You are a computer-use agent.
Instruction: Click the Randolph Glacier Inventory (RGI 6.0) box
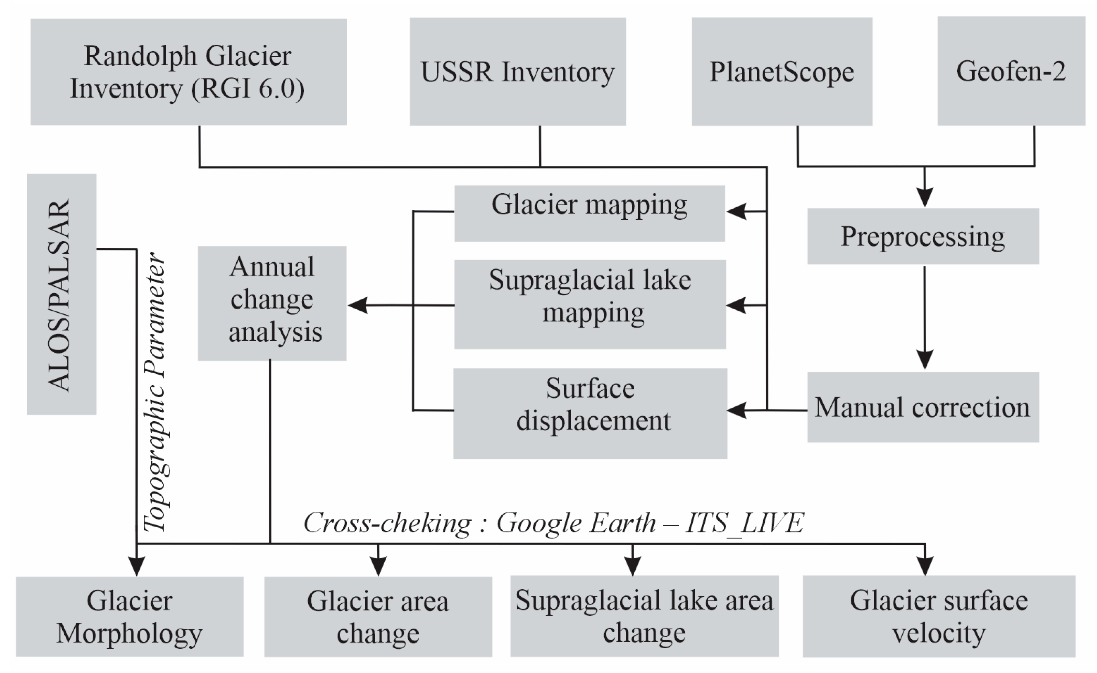tap(189, 71)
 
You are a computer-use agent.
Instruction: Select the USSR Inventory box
tap(518, 71)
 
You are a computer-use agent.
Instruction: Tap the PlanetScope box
tap(782, 71)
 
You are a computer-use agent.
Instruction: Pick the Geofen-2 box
tap(1011, 71)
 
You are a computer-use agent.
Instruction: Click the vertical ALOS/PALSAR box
tap(62, 294)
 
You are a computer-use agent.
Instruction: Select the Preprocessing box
tap(923, 236)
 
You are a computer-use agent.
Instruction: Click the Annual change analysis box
tap(272, 303)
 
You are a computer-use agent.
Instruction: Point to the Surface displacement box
tap(590, 413)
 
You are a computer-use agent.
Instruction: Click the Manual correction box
tap(923, 407)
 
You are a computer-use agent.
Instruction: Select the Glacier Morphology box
tap(130, 617)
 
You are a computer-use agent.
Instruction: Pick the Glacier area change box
tap(378, 617)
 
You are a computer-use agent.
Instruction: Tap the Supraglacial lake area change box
tap(645, 616)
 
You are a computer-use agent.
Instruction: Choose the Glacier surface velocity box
tap(939, 617)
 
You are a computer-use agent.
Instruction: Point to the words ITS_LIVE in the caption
tap(744, 522)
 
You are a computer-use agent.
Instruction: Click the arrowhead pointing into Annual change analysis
tap(358, 305)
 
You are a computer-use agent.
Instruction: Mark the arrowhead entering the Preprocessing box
tap(925, 198)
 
